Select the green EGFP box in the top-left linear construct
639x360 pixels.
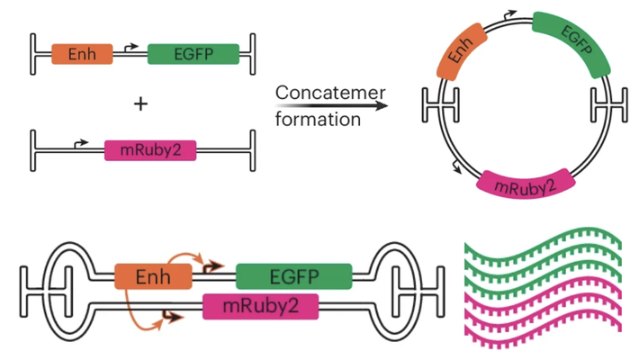tap(193, 54)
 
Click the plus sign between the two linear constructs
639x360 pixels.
tap(140, 104)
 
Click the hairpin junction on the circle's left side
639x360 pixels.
tap(438, 106)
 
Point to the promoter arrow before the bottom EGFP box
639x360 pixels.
tap(213, 266)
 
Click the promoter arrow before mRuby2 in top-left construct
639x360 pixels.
tap(80, 142)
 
